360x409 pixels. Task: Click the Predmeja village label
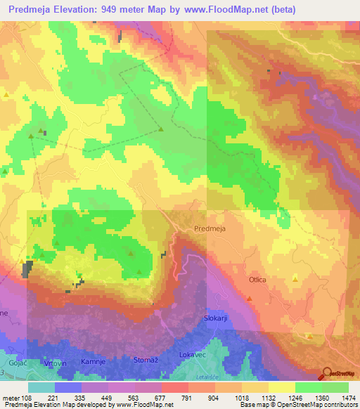coord(210,228)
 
